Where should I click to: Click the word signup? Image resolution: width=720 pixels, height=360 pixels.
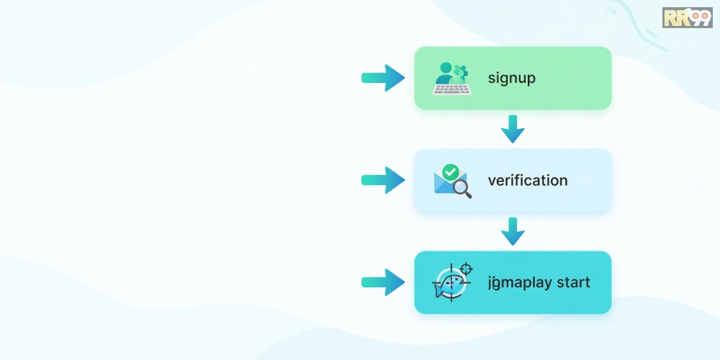point(511,78)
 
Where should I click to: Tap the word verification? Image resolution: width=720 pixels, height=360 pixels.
point(527,181)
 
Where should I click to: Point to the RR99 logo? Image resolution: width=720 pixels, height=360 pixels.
point(686,17)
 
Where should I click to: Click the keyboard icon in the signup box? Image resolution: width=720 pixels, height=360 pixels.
point(451,89)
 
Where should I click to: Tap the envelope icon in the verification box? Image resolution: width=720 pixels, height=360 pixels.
point(446,183)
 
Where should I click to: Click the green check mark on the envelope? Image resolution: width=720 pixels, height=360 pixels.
point(451,172)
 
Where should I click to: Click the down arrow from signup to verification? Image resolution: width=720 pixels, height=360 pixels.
point(513,129)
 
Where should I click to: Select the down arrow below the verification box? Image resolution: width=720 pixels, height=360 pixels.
point(513,231)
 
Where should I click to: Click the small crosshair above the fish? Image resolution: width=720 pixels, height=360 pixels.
point(466,269)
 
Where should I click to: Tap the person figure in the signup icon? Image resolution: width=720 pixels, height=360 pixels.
point(445,72)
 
